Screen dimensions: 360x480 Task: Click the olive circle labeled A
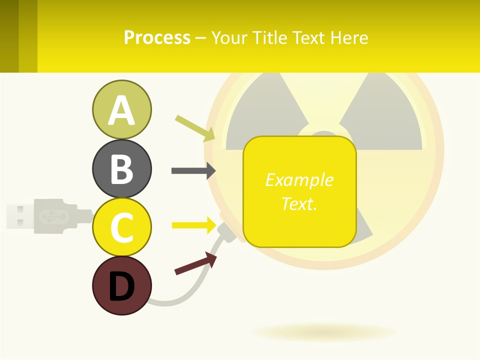(x=121, y=109)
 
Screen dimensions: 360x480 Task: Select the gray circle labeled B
(x=121, y=168)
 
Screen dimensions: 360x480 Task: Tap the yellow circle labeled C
(x=121, y=227)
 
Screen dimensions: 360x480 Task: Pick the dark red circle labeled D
(x=121, y=285)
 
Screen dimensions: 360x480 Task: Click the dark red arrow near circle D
(x=195, y=263)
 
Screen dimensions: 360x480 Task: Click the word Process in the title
(x=157, y=38)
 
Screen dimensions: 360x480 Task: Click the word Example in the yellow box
(x=299, y=179)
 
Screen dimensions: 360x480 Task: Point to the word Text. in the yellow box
(x=299, y=203)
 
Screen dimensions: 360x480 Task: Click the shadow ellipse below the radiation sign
(x=324, y=332)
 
